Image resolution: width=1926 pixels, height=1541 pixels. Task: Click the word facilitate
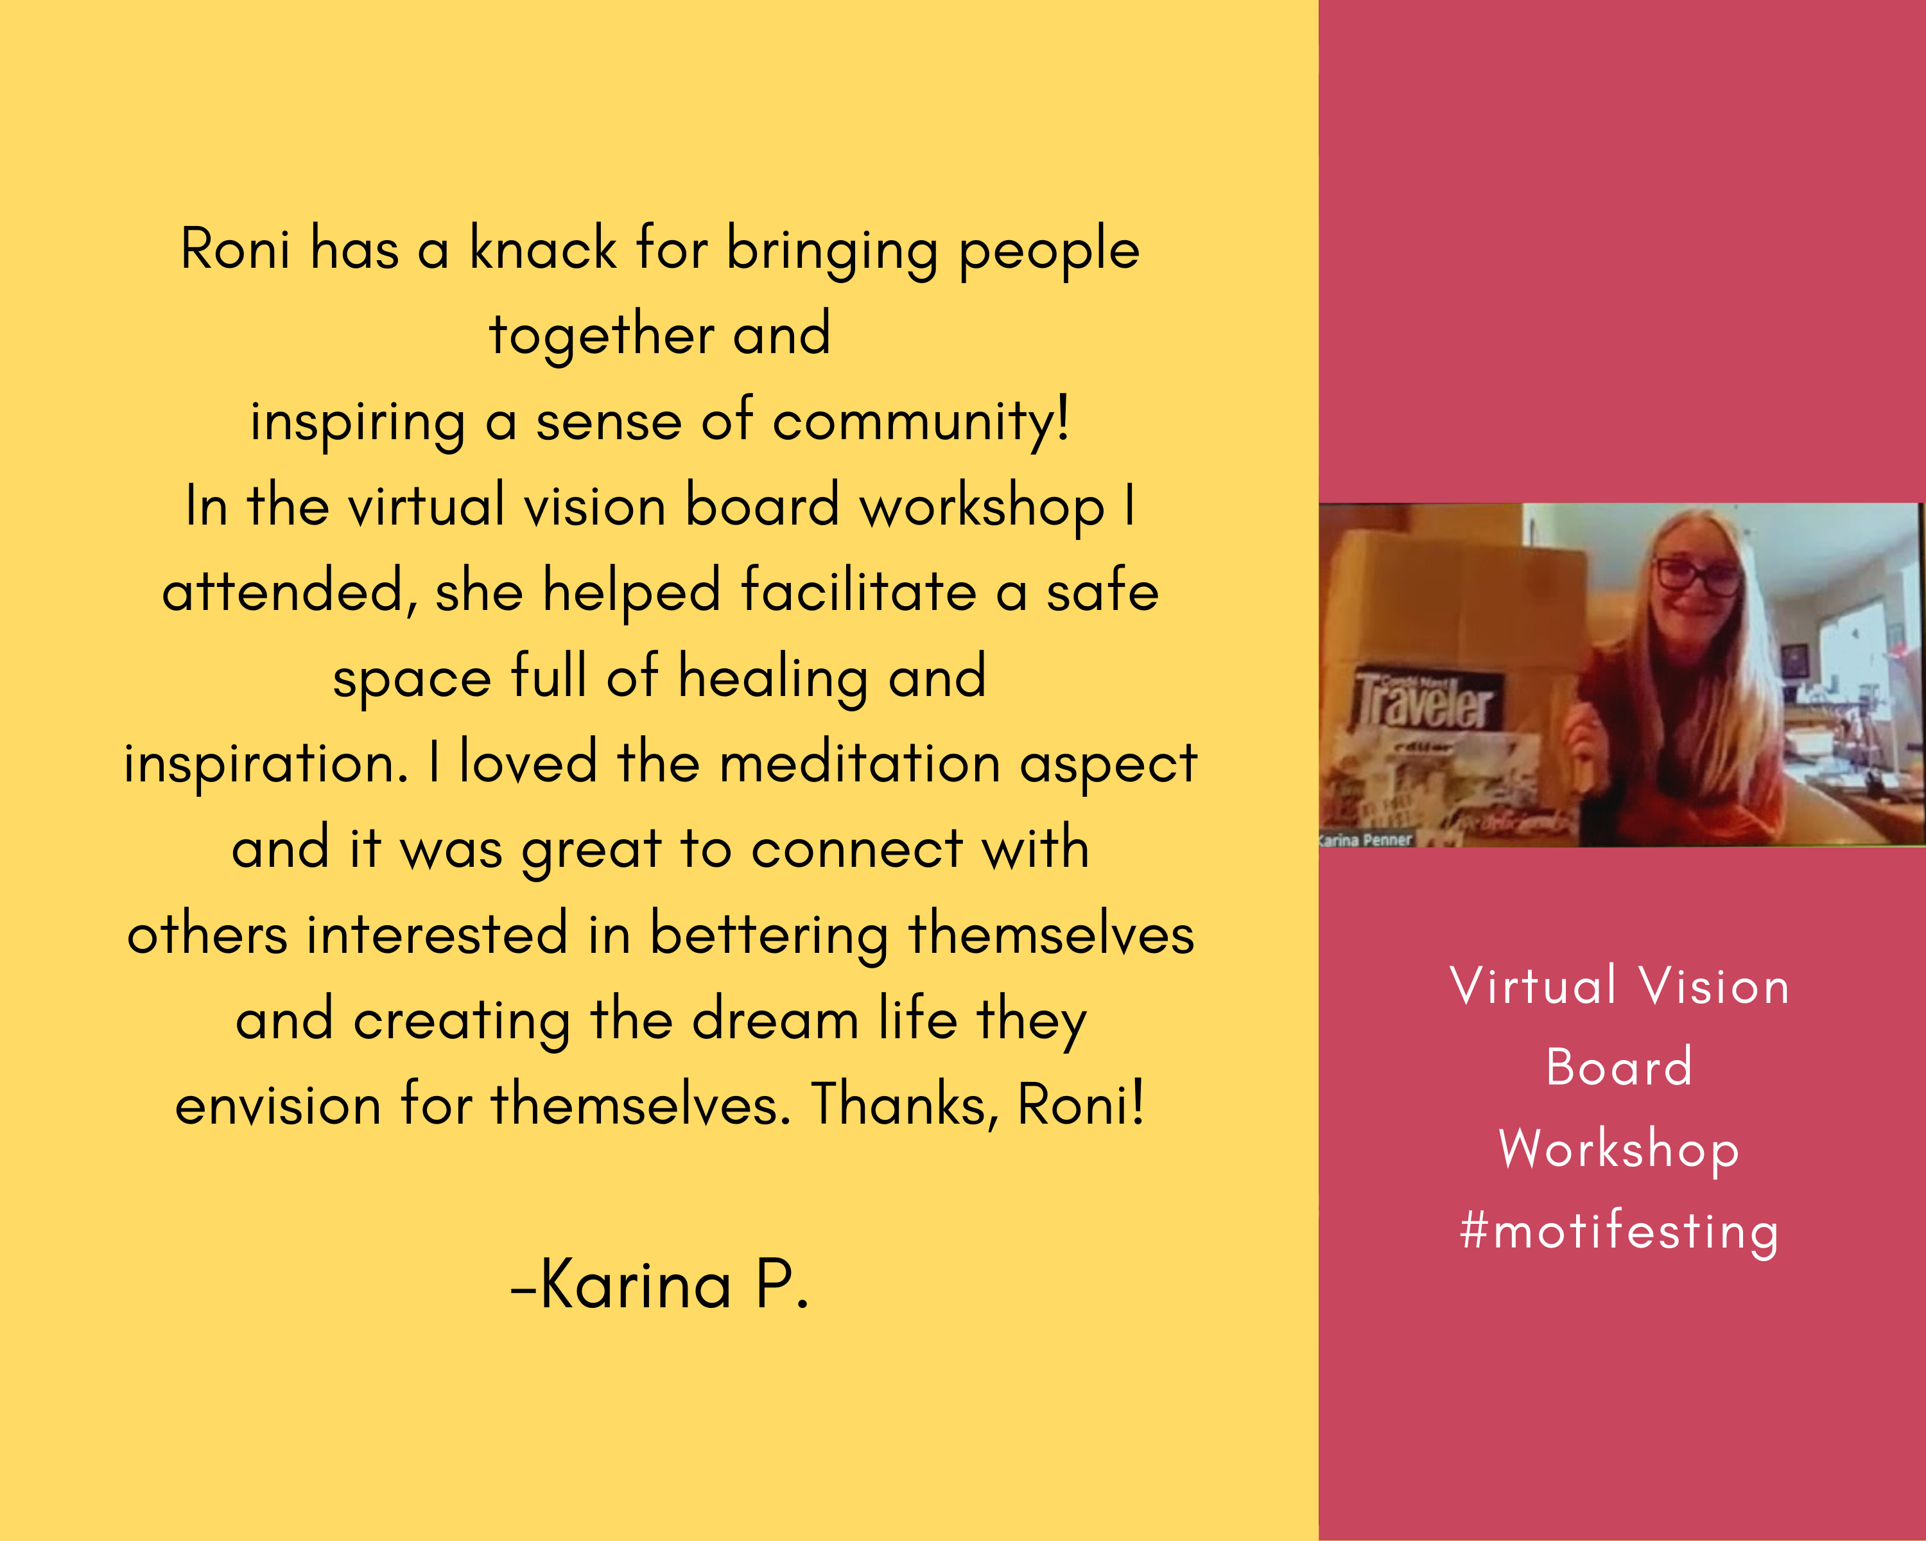tap(858, 591)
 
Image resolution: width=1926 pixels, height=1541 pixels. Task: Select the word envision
tap(278, 1106)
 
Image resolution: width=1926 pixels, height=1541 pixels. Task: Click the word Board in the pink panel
tap(1618, 1067)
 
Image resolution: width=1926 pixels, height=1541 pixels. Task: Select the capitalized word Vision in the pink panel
tap(1714, 986)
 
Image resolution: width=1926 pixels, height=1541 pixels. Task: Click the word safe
tap(1102, 591)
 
